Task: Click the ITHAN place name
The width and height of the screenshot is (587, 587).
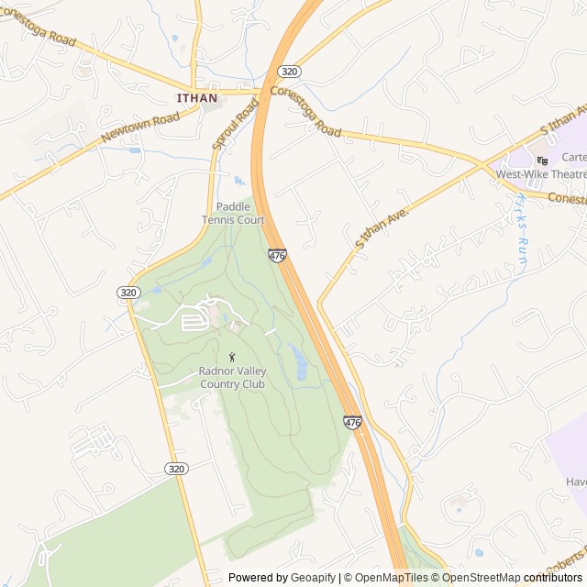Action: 198,97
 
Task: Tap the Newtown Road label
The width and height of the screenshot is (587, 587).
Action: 140,127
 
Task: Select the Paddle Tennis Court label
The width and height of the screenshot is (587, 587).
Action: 233,213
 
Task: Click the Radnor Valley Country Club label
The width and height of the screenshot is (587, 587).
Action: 232,378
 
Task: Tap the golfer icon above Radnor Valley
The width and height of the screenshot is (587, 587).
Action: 232,356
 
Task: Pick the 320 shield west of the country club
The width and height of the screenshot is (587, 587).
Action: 128,292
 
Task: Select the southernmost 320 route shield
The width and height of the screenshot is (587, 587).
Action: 177,468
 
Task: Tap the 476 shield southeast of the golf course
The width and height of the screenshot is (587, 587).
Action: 353,422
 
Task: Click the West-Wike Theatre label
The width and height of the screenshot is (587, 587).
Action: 541,174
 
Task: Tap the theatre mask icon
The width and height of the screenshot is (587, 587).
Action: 542,160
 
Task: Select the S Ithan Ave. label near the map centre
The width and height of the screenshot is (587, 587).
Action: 381,226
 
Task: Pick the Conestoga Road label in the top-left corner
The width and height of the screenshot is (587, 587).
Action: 39,28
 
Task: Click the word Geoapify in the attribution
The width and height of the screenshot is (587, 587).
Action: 313,578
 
